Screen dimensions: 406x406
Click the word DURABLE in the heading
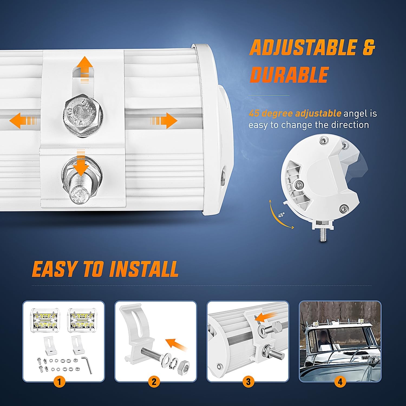pyautogui.click(x=289, y=75)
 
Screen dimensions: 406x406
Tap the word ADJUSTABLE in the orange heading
pyautogui.click(x=303, y=48)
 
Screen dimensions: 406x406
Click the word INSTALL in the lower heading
pyautogui.click(x=144, y=269)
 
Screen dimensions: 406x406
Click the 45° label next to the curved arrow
pyautogui.click(x=281, y=215)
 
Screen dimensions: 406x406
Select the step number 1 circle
pyautogui.click(x=59, y=382)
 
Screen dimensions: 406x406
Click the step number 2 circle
pyautogui.click(x=154, y=382)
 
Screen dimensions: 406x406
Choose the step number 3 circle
pyautogui.click(x=248, y=382)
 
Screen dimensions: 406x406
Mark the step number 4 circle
pyautogui.click(x=340, y=382)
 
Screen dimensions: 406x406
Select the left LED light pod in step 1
pyautogui.click(x=44, y=320)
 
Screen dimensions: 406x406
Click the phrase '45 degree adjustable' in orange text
pyautogui.click(x=294, y=113)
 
